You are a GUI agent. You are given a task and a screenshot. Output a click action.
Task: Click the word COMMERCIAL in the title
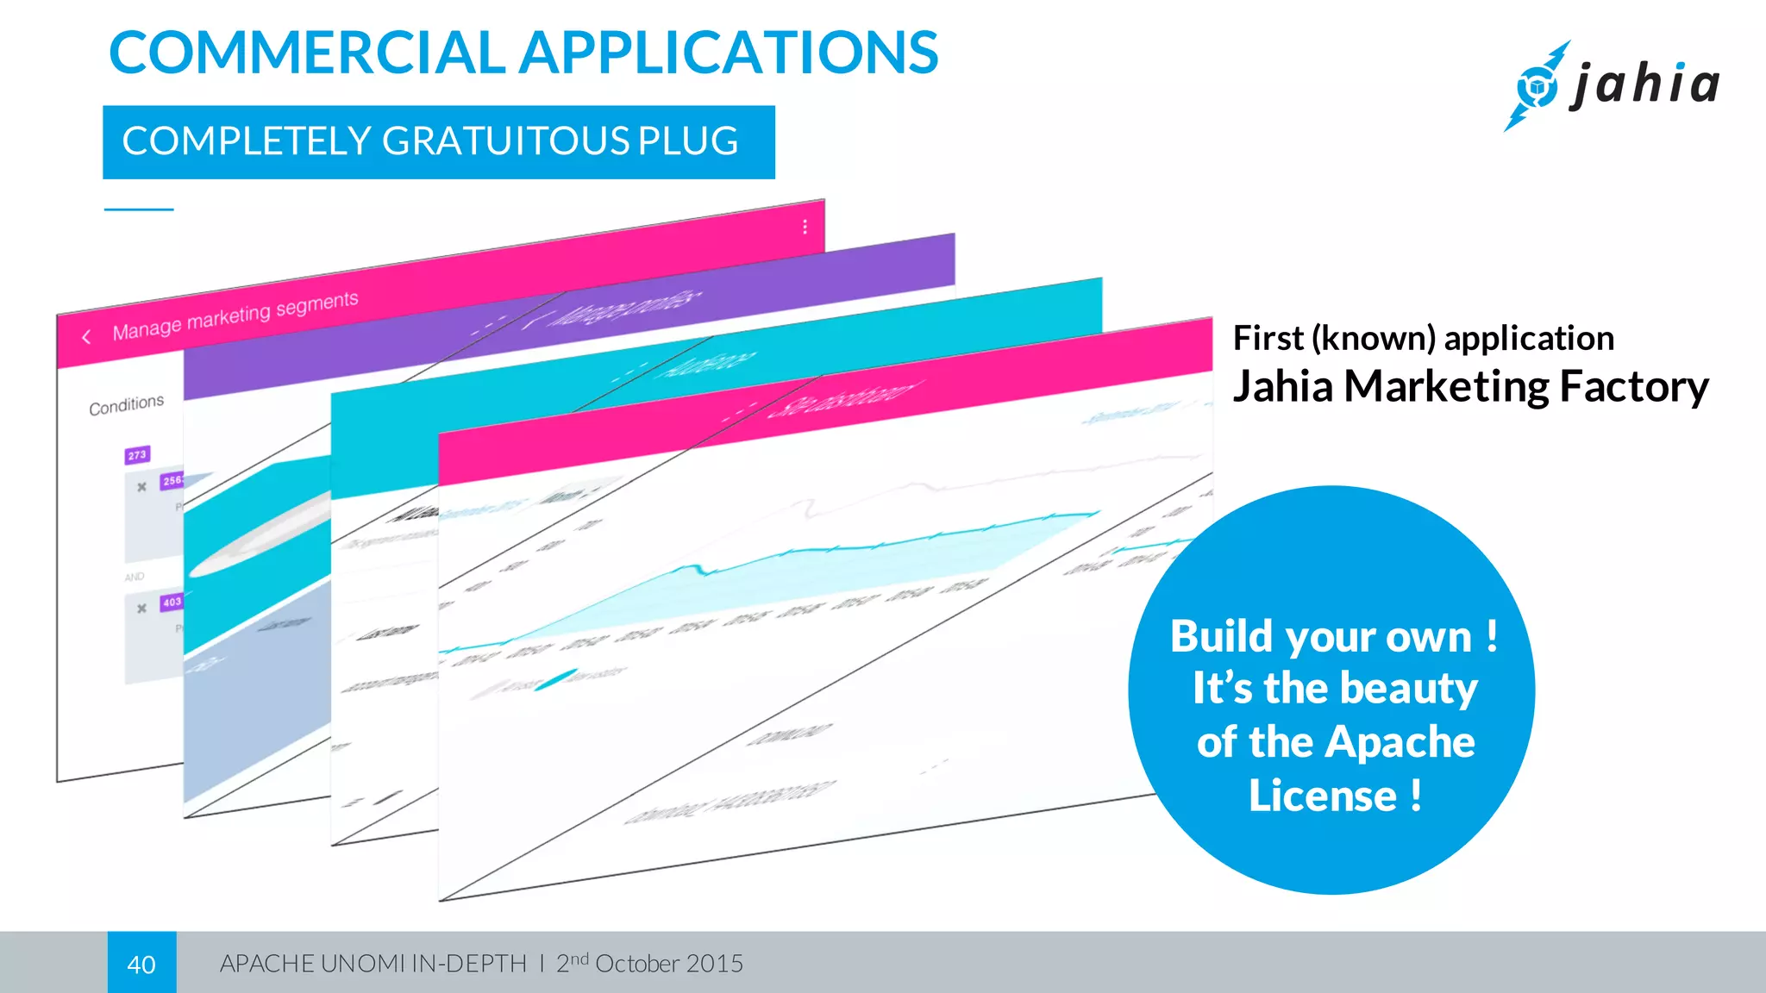click(x=306, y=53)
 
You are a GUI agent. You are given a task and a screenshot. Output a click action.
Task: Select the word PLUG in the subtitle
click(x=687, y=141)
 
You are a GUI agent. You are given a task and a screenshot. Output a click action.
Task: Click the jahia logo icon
click(x=1537, y=86)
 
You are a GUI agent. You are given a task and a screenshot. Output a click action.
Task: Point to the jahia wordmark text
click(x=1645, y=84)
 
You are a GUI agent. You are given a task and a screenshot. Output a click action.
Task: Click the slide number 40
click(x=141, y=964)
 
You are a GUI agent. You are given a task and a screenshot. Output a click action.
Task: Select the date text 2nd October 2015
click(x=649, y=963)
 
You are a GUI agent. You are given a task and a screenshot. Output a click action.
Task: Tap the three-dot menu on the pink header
click(x=805, y=227)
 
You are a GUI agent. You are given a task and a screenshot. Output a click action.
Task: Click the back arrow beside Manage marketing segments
click(x=86, y=337)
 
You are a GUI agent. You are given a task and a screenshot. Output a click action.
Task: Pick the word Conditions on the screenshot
click(x=126, y=405)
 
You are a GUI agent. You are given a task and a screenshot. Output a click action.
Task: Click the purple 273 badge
click(x=137, y=455)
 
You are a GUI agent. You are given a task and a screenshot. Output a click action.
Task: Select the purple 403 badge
click(x=172, y=602)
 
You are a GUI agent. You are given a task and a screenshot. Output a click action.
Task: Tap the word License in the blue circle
click(x=1323, y=796)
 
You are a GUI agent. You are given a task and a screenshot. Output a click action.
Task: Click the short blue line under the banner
click(x=139, y=209)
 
